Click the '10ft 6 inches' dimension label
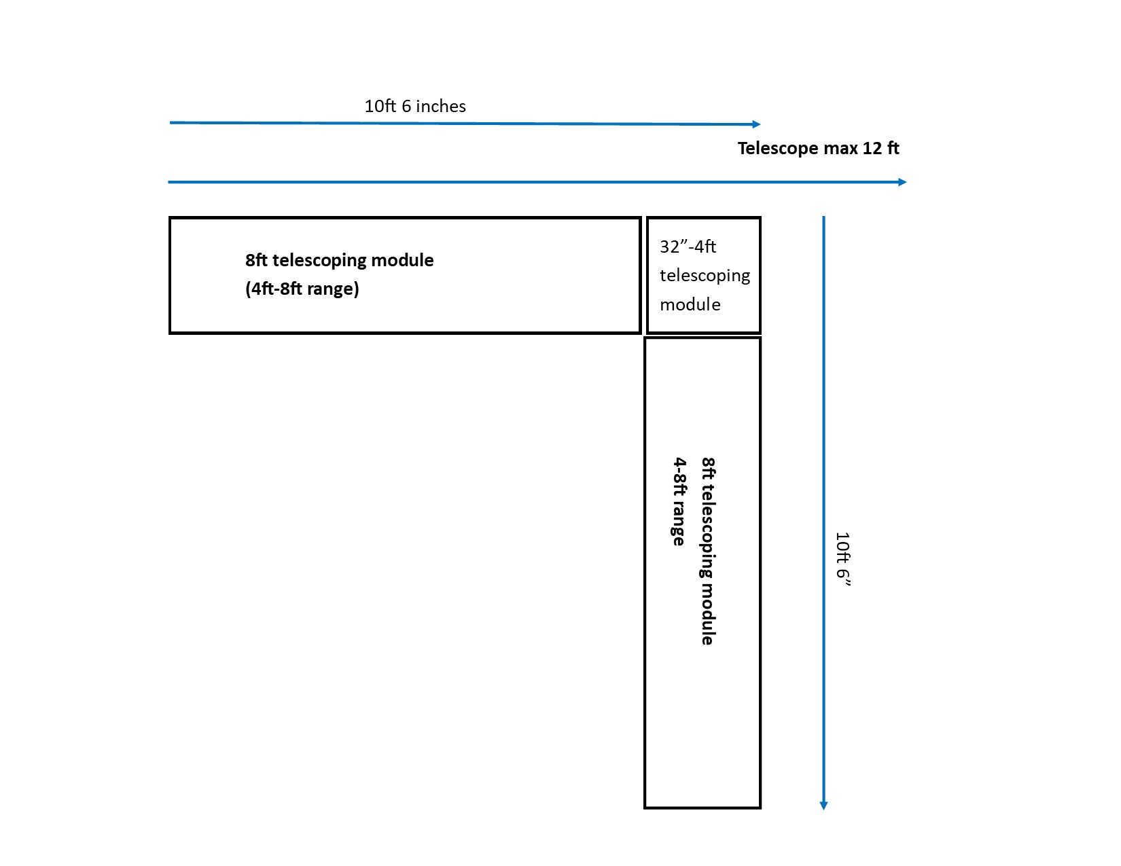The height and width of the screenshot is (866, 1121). point(414,106)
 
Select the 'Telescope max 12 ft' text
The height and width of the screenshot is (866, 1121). point(818,149)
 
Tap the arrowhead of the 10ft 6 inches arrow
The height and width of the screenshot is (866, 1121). point(757,124)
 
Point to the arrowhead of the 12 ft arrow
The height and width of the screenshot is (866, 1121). point(902,182)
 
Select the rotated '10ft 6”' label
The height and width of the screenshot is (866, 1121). point(842,559)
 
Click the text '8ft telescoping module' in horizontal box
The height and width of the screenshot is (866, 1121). point(340,260)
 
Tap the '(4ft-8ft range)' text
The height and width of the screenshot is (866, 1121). point(302,289)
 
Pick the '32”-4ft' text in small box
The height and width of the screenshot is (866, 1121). point(688,247)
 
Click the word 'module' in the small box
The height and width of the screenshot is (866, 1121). point(690,304)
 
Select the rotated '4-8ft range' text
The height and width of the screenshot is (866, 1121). point(679,501)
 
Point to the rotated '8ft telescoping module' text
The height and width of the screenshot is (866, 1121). point(708,551)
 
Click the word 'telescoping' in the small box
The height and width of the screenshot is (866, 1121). point(705,276)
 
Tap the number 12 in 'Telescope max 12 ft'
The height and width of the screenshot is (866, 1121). point(872,149)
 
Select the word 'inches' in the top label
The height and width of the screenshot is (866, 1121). point(441,106)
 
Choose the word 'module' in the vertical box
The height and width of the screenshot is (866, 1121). point(708,614)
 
